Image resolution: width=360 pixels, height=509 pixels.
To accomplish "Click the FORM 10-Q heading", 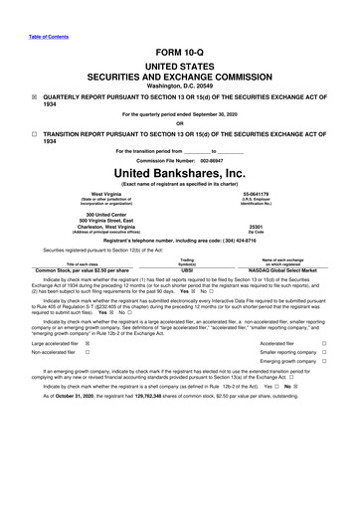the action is tap(180, 50).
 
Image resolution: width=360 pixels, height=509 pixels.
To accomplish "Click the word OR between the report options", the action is tap(180, 124).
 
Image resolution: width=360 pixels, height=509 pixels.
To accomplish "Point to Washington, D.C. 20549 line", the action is tap(180, 83).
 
